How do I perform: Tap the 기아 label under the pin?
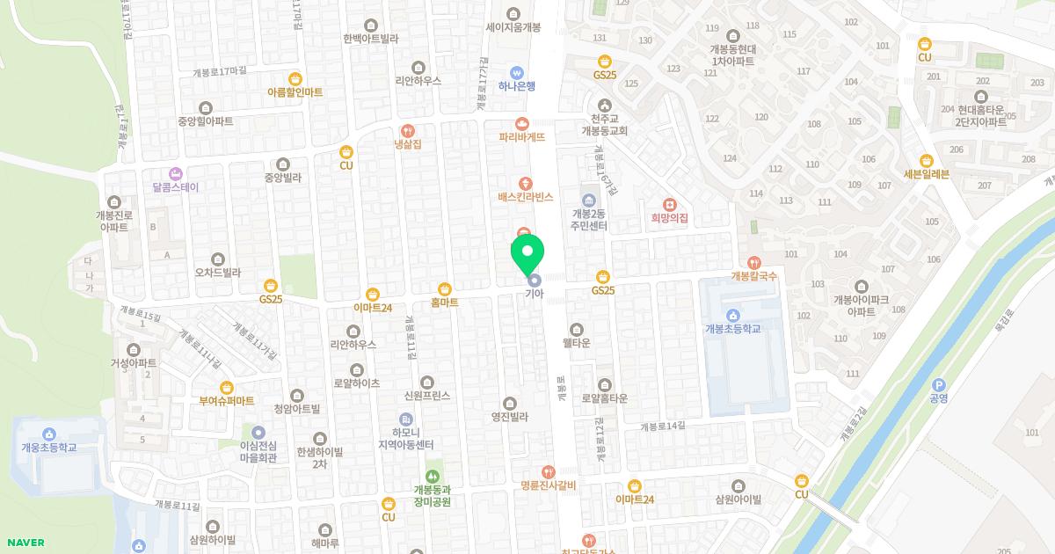[534, 294]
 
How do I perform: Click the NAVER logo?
[25, 543]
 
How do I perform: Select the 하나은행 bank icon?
[517, 72]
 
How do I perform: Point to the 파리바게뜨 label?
[522, 137]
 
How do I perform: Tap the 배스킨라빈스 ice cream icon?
[525, 183]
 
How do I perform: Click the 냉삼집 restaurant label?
[406, 143]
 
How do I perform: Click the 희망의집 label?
[669, 217]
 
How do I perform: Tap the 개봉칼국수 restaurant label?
[753, 276]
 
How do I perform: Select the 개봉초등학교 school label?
[732, 329]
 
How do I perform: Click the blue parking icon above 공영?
[938, 384]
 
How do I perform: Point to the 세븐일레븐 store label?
[926, 174]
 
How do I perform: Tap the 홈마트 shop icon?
[444, 288]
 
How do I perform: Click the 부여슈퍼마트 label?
[227, 401]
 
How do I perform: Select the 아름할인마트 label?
[295, 92]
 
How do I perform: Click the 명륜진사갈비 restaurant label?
[548, 485]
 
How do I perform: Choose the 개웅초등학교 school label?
[49, 448]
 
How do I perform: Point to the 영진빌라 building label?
[509, 417]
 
